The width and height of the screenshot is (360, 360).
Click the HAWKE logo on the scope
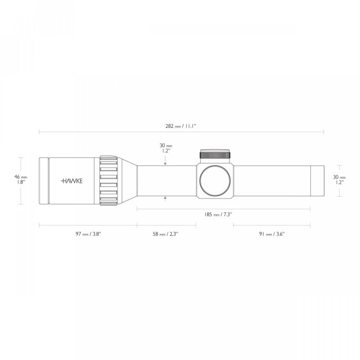(x=72, y=181)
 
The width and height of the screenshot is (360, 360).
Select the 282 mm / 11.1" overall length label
(x=181, y=126)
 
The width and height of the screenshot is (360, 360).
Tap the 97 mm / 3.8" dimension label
(x=88, y=234)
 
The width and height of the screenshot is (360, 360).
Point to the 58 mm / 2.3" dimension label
(x=166, y=234)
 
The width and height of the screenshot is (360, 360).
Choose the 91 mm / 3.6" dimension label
(x=272, y=234)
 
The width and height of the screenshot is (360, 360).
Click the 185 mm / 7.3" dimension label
(x=218, y=215)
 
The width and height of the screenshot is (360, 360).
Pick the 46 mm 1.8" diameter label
(x=21, y=179)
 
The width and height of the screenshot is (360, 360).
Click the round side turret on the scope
(x=215, y=181)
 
